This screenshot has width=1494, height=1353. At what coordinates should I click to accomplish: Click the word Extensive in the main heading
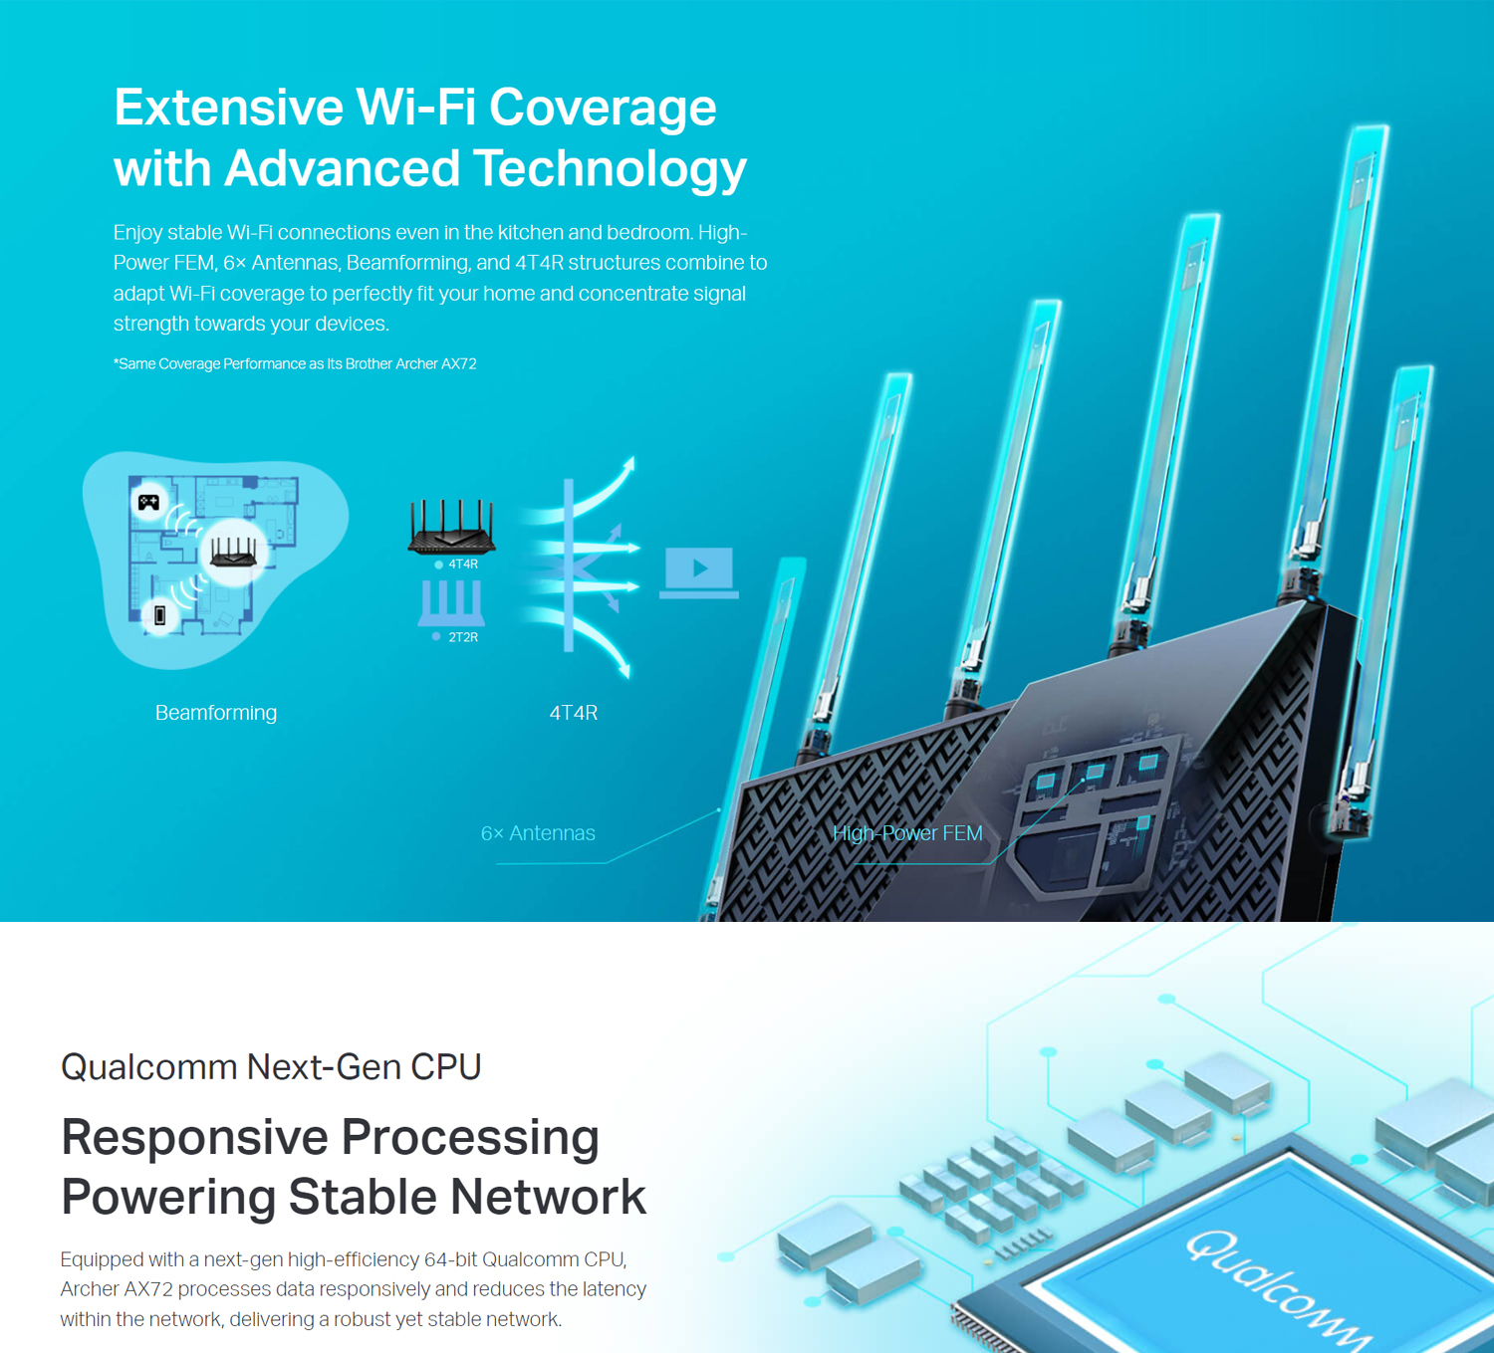tap(228, 108)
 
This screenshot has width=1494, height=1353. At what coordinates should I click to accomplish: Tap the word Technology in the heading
tap(610, 169)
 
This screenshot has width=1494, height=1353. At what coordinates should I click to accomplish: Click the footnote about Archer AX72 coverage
tap(295, 363)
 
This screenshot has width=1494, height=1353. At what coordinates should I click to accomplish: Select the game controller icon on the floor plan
tap(149, 503)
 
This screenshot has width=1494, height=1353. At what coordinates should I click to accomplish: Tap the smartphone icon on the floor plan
tap(159, 615)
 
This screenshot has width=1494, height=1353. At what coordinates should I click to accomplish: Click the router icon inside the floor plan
tap(234, 552)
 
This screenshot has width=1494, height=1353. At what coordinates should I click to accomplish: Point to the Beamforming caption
tap(216, 713)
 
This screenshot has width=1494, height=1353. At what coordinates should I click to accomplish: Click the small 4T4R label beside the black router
tap(462, 564)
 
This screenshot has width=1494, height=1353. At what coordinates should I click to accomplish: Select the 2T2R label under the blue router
tap(462, 637)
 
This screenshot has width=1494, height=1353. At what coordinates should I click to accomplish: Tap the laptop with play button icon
tap(698, 572)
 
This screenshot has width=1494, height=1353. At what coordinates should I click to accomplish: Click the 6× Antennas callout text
tap(538, 832)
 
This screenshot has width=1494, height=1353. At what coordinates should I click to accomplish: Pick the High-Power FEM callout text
tap(907, 832)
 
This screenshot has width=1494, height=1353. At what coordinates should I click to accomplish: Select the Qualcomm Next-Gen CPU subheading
tap(271, 1067)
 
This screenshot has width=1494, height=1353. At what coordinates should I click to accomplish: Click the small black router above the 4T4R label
tap(451, 528)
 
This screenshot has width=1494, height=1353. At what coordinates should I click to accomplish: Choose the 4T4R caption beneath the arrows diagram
tap(574, 713)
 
